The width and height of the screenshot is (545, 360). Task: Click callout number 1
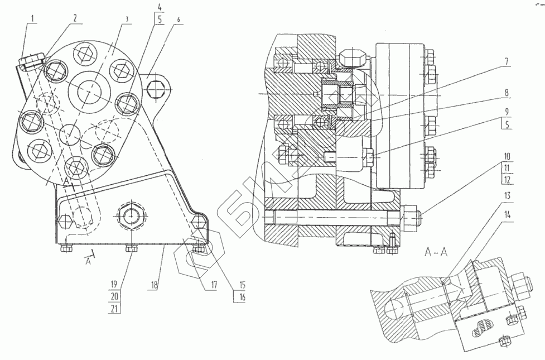(x=32, y=18)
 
